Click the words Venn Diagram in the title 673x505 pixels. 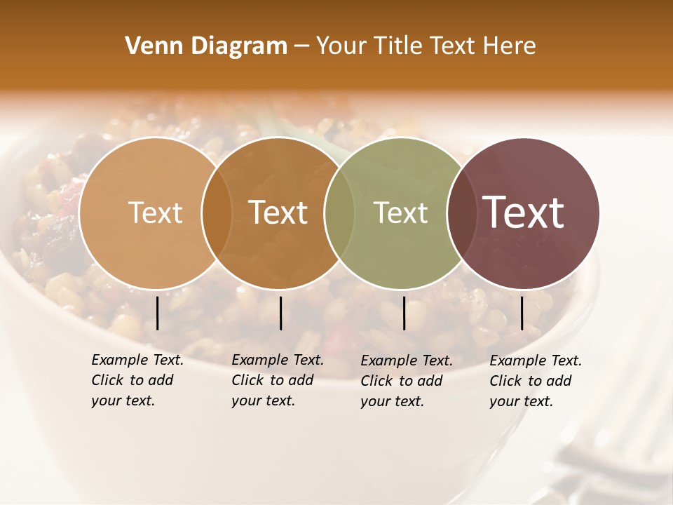[206, 46]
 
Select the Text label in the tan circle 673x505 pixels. [155, 213]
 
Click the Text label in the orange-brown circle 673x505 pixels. [278, 213]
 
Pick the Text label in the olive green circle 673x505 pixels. [400, 213]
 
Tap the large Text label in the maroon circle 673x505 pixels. [523, 213]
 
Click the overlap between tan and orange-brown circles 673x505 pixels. [217, 213]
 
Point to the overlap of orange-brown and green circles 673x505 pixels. [339, 213]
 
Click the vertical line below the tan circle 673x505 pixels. [158, 313]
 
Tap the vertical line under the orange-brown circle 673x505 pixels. [280, 313]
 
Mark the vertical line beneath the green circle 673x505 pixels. [405, 313]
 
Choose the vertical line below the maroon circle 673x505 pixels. [522, 313]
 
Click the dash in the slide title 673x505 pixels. [301, 47]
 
